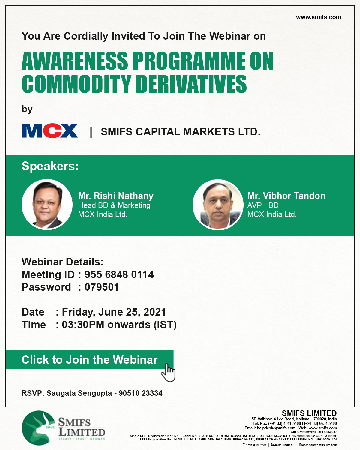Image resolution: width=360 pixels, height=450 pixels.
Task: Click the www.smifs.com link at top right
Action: pyautogui.click(x=318, y=17)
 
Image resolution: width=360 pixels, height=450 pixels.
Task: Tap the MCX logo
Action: pyautogui.click(x=50, y=131)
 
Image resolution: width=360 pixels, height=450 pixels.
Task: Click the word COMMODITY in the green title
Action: pyautogui.click(x=76, y=84)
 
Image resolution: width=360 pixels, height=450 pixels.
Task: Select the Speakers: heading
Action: pyautogui.click(x=50, y=166)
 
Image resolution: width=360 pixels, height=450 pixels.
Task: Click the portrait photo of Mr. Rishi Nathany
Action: pyautogui.click(x=47, y=204)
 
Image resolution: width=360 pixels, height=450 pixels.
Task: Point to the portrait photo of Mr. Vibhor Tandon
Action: pyautogui.click(x=218, y=205)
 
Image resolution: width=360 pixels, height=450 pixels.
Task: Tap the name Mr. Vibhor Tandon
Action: pyautogui.click(x=286, y=196)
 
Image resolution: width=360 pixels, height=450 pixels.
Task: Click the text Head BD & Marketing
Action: pyautogui.click(x=114, y=205)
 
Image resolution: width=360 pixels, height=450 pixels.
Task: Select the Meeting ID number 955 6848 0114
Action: pyautogui.click(x=119, y=274)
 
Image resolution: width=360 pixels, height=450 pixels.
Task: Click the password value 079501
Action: pyautogui.click(x=102, y=287)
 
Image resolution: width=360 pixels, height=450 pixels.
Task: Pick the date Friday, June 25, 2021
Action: pyautogui.click(x=114, y=312)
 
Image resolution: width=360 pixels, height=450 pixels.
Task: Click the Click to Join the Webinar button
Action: pyautogui.click(x=89, y=360)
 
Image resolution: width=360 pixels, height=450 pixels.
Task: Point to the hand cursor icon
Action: pyautogui.click(x=169, y=373)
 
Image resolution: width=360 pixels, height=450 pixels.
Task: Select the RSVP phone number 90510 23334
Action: pyautogui.click(x=141, y=393)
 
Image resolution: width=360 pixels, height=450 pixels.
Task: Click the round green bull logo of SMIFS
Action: pyautogui.click(x=39, y=428)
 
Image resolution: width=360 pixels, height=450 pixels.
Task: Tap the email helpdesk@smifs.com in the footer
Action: pyautogui.click(x=276, y=428)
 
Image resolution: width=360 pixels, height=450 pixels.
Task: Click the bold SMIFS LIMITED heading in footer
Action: pyautogui.click(x=309, y=413)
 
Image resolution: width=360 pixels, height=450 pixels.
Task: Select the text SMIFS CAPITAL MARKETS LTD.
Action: pyautogui.click(x=181, y=132)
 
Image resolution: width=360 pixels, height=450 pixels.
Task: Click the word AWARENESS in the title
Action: pyautogui.click(x=75, y=61)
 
